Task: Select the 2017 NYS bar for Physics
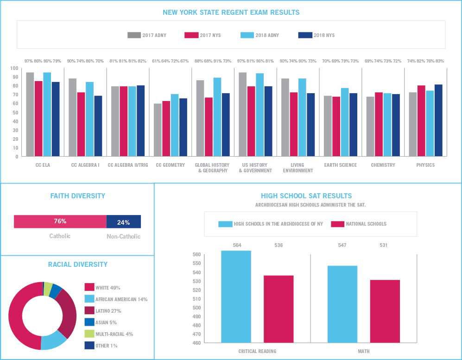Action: pyautogui.click(x=421, y=120)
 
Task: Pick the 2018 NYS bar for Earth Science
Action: pyautogui.click(x=353, y=125)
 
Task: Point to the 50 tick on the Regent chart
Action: pyautogui.click(x=15, y=113)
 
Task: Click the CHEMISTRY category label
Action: pyautogui.click(x=383, y=165)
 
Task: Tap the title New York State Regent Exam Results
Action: pyautogui.click(x=231, y=13)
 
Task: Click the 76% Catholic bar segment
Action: pyautogui.click(x=60, y=222)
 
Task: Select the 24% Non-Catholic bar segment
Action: pyautogui.click(x=123, y=222)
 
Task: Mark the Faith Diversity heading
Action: pyautogui.click(x=77, y=196)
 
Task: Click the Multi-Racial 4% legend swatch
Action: pyautogui.click(x=89, y=334)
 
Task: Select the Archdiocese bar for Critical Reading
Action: pyautogui.click(x=236, y=297)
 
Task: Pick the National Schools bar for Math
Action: pyautogui.click(x=385, y=311)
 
